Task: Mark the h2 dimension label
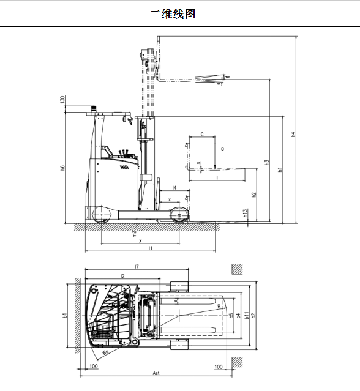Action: click(254, 195)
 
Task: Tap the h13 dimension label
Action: click(245, 213)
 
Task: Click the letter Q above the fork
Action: click(222, 149)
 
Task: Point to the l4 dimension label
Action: click(174, 188)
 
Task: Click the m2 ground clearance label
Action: click(135, 234)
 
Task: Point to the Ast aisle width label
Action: click(157, 373)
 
